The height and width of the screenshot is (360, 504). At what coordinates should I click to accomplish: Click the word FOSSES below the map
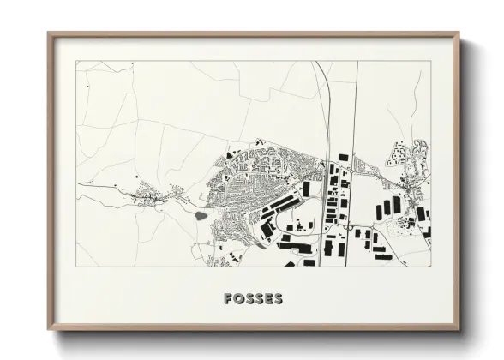tap(253, 299)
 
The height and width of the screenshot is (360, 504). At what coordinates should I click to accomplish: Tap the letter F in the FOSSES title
tap(228, 299)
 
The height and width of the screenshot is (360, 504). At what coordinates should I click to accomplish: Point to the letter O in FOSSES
tap(238, 299)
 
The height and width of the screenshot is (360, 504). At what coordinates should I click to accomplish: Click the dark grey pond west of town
tap(201, 215)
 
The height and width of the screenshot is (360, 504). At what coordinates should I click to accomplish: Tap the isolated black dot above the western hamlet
tap(137, 175)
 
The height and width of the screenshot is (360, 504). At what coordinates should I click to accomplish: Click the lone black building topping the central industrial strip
tap(344, 157)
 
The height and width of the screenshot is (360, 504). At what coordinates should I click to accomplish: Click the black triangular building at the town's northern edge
tap(229, 155)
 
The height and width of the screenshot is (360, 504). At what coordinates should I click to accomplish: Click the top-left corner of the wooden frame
tap(49, 33)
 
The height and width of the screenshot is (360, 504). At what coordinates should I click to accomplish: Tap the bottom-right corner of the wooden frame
tap(459, 329)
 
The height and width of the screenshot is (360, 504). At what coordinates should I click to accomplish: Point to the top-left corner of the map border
tap(76, 62)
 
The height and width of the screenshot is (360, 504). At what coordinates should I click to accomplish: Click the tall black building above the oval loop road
tap(307, 189)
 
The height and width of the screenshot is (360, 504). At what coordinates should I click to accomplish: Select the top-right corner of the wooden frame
tap(459, 33)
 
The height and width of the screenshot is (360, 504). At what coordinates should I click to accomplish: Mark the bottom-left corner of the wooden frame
tap(49, 329)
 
